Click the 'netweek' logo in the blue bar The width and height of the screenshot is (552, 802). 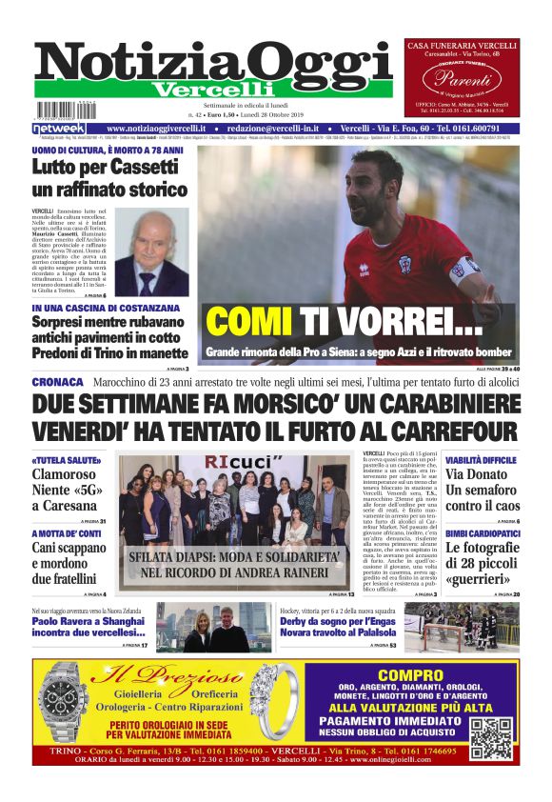(59, 129)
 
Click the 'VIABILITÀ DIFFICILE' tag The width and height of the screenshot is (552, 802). (482, 460)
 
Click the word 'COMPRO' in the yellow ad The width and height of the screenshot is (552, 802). (410, 675)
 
